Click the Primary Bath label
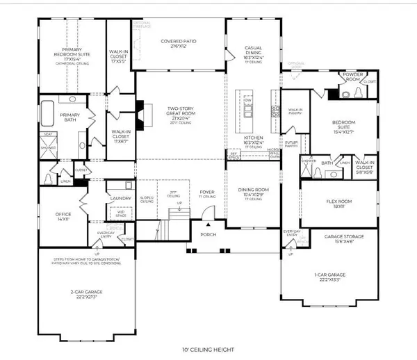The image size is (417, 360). (71, 118)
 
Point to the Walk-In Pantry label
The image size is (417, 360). (295, 111)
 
